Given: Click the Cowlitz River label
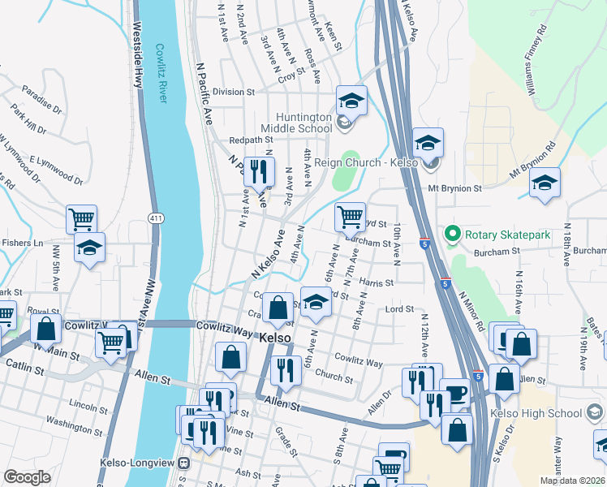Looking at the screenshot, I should pos(161,73).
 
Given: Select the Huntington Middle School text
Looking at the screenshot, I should pos(296,123).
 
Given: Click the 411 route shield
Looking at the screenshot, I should pos(157,218).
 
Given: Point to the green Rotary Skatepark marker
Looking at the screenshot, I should pos(453,235).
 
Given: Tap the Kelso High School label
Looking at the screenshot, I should pos(543,413).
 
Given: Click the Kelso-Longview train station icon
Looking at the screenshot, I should pos(184,463).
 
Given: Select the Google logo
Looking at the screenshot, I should pos(27,477).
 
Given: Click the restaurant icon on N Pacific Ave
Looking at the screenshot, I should pos(259,171).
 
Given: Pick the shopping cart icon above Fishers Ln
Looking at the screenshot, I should pos(81,218).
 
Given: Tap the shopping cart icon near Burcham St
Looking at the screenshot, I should pos(350,216).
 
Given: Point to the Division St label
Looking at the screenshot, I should pos(234,93).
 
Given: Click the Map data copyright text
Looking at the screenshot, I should pos(571,481).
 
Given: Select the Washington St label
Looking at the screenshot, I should pos(74,420).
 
